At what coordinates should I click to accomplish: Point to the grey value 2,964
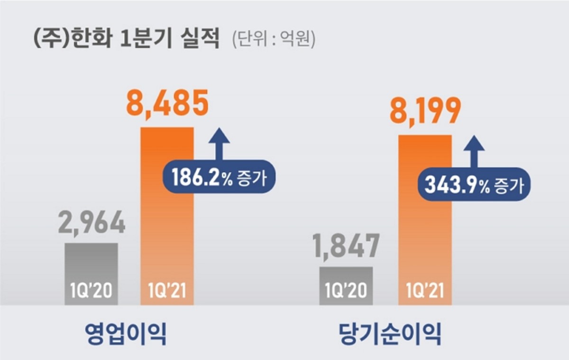[x=92, y=223]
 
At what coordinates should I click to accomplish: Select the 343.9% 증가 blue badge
[x=474, y=186]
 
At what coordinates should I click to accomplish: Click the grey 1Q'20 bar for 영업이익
[x=91, y=266]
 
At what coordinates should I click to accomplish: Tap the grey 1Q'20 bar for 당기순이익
[x=346, y=280]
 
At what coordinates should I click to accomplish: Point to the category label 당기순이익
[x=390, y=334]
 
